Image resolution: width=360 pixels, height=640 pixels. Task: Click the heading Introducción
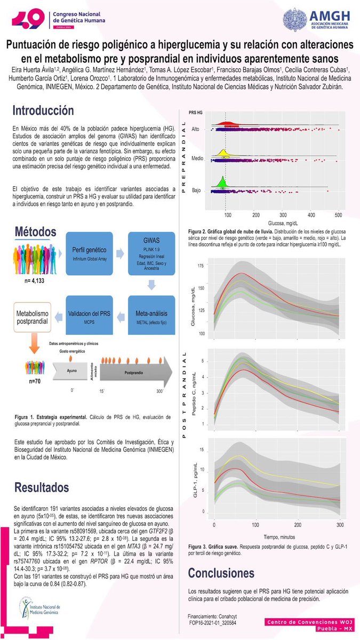pyautogui.click(x=43, y=111)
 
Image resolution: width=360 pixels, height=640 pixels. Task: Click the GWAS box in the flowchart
pyautogui.click(x=151, y=254)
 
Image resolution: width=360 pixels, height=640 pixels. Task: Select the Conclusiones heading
pyautogui.click(x=221, y=573)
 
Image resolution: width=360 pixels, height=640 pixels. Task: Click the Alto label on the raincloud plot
pyautogui.click(x=196, y=130)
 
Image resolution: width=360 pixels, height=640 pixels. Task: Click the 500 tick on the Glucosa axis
pyautogui.click(x=338, y=215)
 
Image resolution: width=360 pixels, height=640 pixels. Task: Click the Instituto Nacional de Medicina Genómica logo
pyautogui.click(x=45, y=609)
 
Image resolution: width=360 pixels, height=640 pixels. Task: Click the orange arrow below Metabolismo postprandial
pyautogui.click(x=32, y=348)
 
